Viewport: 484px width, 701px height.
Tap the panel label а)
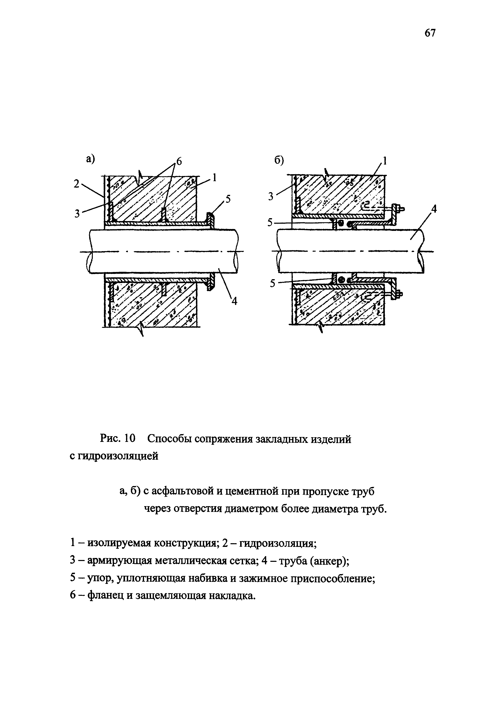coord(90,159)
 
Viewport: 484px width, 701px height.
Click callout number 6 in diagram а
coord(179,162)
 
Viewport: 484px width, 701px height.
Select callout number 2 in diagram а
coord(76,184)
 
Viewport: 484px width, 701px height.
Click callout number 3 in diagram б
coord(271,197)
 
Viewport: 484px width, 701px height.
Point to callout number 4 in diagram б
coord(434,209)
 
